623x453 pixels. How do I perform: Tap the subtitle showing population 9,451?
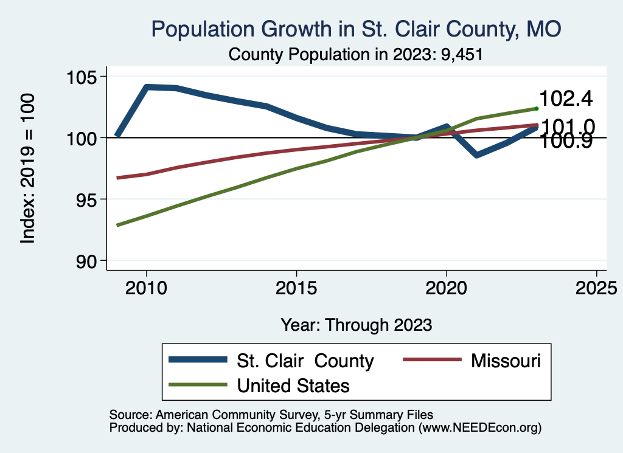coord(355,55)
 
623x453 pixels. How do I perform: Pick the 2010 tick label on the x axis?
coord(146,286)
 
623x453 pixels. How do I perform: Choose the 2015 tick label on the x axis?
coord(296,286)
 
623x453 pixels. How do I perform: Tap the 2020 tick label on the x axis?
coord(446,286)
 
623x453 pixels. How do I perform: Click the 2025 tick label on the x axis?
coord(596,286)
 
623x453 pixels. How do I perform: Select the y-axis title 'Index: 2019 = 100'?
coord(27,168)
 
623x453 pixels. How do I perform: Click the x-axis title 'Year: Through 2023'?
coord(356,325)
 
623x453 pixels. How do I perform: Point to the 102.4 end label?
coord(566,99)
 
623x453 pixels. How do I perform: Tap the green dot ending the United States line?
coord(537,108)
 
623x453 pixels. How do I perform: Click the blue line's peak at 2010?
coord(147,87)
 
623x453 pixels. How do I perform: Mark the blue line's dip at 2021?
coord(476,156)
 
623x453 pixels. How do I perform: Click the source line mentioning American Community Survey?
coord(271,415)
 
